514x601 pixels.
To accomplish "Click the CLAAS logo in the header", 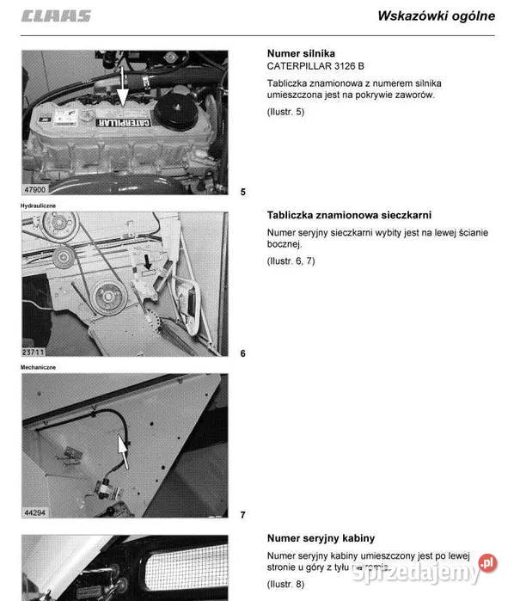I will click(x=56, y=16).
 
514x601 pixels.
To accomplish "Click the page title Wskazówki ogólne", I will click(x=436, y=15).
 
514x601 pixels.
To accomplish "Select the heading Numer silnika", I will click(x=301, y=53).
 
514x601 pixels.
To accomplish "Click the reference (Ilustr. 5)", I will click(x=285, y=112).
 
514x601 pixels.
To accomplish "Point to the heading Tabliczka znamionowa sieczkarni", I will click(x=349, y=215).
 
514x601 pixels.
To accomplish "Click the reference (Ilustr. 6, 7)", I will click(x=291, y=261).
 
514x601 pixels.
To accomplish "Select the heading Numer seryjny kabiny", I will click(x=321, y=538).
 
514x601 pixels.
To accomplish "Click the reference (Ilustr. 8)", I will click(x=285, y=584).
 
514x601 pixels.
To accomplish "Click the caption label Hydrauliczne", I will click(x=40, y=206).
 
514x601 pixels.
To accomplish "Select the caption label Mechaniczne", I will click(x=39, y=367).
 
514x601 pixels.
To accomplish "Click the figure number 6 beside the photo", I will click(x=242, y=353).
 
